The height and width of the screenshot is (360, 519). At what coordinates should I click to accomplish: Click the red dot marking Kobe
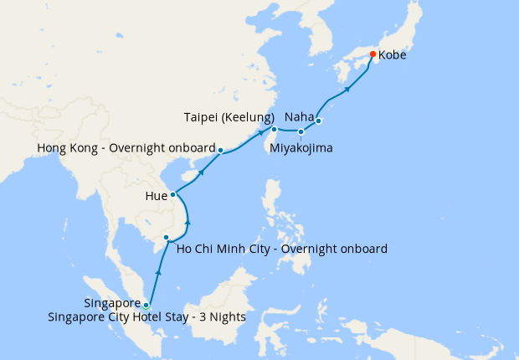(x=373, y=55)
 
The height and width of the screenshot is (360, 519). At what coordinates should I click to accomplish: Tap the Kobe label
(x=393, y=56)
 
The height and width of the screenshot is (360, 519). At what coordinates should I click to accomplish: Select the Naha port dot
(x=318, y=121)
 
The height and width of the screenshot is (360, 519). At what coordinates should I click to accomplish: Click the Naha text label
(x=299, y=116)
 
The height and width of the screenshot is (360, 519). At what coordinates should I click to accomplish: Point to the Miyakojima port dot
(x=301, y=131)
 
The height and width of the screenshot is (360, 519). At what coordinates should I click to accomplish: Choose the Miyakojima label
(x=301, y=148)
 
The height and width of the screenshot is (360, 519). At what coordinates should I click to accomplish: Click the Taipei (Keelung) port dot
(x=274, y=129)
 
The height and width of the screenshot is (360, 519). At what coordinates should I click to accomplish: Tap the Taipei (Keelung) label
(x=229, y=116)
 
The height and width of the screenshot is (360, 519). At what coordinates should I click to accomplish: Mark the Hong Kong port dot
(x=220, y=151)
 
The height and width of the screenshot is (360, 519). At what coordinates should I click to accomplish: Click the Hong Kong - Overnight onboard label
(x=126, y=148)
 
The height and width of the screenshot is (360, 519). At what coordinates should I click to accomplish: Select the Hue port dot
(x=173, y=195)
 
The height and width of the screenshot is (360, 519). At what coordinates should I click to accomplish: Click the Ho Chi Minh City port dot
(x=167, y=239)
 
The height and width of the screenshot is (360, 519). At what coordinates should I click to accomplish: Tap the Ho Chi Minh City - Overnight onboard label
(x=281, y=249)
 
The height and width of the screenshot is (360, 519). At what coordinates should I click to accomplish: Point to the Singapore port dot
(x=146, y=305)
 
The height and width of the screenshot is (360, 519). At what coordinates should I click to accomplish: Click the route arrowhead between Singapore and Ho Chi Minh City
(x=158, y=274)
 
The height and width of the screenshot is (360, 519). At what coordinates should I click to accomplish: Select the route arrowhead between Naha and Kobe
(x=346, y=88)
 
